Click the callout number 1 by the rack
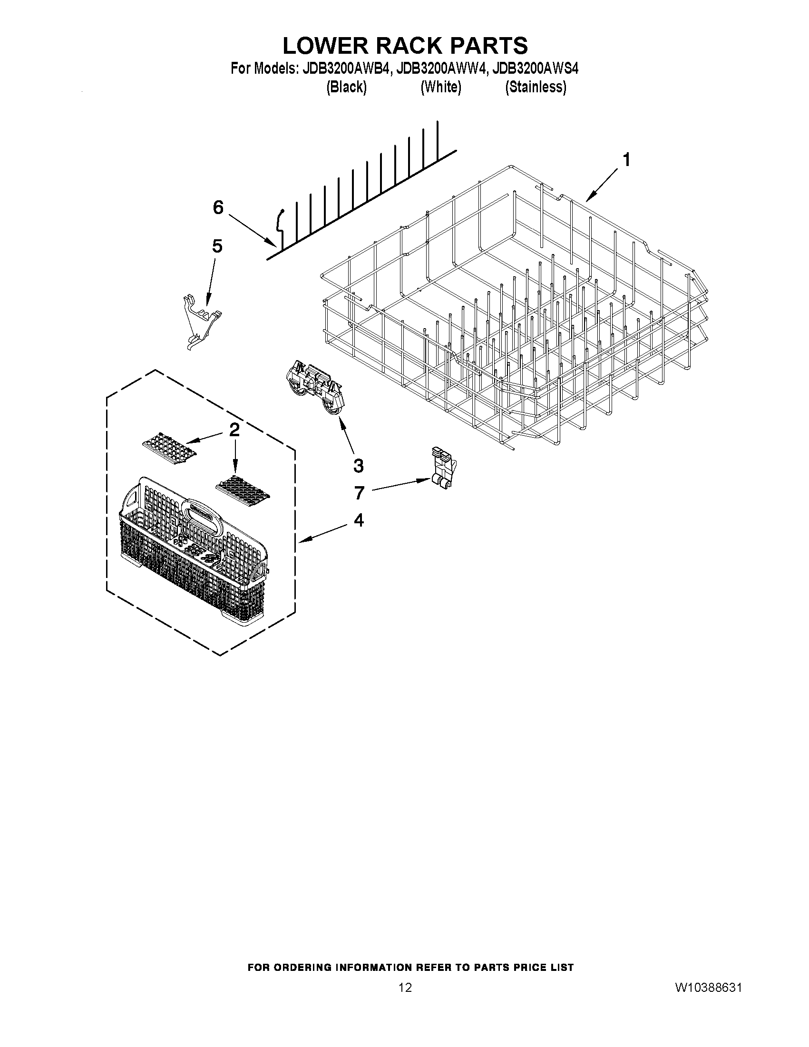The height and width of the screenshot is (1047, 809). pyautogui.click(x=625, y=160)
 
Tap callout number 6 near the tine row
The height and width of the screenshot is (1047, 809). pyautogui.click(x=218, y=207)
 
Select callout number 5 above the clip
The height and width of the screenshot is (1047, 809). pyautogui.click(x=217, y=246)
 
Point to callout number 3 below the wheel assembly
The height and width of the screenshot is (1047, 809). pyautogui.click(x=358, y=466)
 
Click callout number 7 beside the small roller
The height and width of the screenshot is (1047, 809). pyautogui.click(x=360, y=492)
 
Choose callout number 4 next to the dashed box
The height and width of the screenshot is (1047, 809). pyautogui.click(x=359, y=519)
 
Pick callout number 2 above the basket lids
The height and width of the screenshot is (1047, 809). pyautogui.click(x=234, y=430)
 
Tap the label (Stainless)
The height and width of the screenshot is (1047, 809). pyautogui.click(x=536, y=87)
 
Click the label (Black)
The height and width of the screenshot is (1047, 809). pyautogui.click(x=346, y=87)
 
